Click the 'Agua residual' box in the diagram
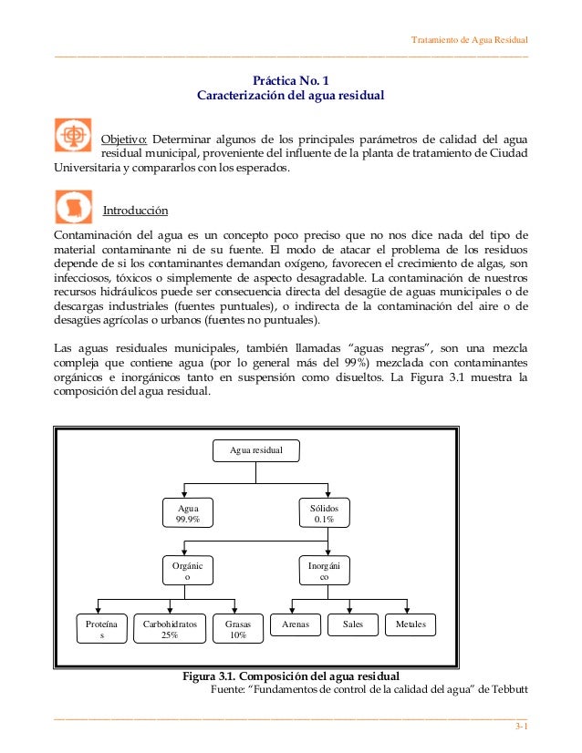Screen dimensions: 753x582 [255, 451]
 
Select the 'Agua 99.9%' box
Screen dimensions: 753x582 [187, 512]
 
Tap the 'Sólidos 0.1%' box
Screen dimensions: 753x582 [324, 512]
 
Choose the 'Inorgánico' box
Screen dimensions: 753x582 [324, 571]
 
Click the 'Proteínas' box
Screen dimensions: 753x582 [101, 630]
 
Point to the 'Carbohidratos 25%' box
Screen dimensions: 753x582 [169, 630]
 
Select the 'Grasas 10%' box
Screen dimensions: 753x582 [238, 630]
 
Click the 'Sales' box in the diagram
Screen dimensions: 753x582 [352, 624]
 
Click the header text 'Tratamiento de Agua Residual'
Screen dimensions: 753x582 [469, 40]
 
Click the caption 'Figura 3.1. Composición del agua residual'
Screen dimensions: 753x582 [291, 676]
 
